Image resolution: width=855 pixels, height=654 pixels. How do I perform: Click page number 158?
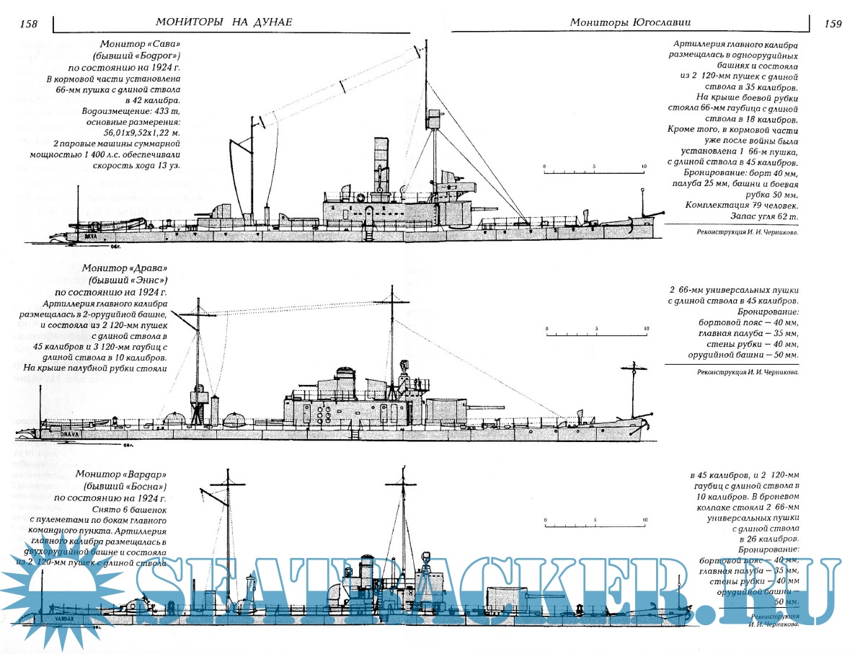pos(29,24)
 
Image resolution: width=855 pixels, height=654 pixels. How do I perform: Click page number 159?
pos(832,24)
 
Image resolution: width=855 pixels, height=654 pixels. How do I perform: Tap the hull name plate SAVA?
pos(91,235)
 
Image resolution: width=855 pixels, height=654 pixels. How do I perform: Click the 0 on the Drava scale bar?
pos(547,329)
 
